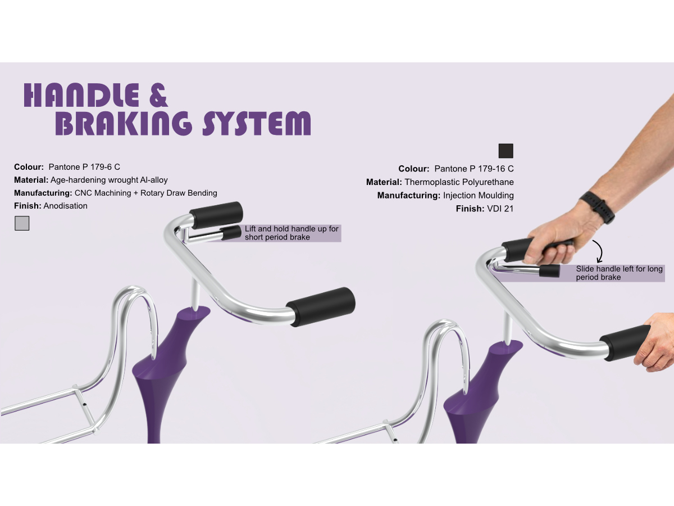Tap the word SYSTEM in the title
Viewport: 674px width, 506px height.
[257, 124]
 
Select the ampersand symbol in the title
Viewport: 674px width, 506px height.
[159, 96]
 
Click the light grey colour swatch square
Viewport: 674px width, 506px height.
[21, 223]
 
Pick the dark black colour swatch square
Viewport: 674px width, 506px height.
[505, 151]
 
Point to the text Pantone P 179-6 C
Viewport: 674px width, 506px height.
[84, 167]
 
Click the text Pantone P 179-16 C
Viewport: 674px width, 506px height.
[474, 169]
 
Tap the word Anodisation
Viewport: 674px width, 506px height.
[66, 206]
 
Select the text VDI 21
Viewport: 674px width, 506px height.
[500, 209]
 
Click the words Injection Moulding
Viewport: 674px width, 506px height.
[478, 196]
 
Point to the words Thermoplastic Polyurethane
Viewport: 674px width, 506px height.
[459, 182]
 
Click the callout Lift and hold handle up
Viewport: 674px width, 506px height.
[292, 233]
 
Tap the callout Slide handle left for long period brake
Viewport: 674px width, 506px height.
[619, 273]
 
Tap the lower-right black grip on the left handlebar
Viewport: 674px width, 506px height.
[321, 306]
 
